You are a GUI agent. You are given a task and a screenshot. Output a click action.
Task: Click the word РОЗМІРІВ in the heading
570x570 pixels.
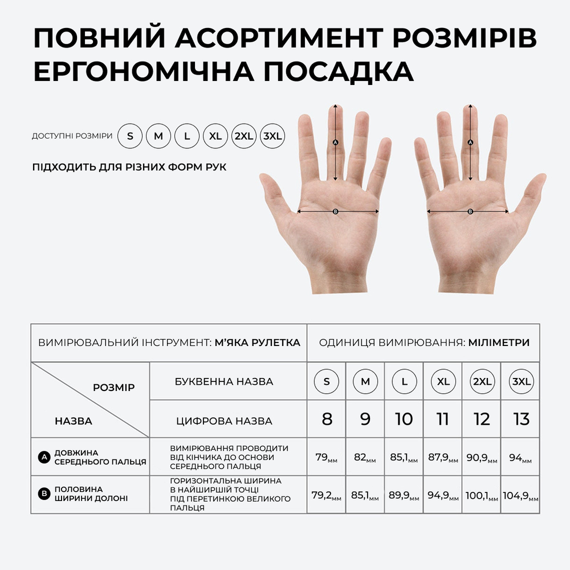point(465,38)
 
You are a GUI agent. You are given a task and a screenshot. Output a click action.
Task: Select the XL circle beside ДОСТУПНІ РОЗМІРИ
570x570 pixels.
point(215,136)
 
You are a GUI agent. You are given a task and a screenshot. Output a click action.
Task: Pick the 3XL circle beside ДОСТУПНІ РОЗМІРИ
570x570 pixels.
point(272,136)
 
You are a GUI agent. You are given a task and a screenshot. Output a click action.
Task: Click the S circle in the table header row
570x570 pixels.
point(327,382)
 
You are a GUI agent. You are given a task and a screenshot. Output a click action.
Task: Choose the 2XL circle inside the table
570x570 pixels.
point(482,382)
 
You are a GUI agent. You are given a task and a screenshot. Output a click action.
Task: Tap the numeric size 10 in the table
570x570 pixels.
point(404,419)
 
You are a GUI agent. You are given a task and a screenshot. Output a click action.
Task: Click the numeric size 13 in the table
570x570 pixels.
point(522,419)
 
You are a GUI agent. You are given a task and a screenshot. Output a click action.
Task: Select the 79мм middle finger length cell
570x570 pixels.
point(327,457)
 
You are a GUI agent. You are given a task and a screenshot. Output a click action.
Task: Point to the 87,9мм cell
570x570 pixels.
point(443,457)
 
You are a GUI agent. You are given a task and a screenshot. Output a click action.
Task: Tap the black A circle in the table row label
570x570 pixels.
point(44,457)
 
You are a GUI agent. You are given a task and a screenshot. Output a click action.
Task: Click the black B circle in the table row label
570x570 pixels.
point(44,494)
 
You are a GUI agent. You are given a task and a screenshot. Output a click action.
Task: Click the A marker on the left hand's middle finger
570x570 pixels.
point(336,142)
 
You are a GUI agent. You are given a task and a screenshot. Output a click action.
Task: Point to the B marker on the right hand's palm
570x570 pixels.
point(470,211)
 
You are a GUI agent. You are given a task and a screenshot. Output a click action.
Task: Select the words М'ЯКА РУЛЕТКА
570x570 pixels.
point(258,343)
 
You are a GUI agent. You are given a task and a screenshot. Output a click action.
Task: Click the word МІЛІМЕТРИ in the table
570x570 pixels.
point(499,343)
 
